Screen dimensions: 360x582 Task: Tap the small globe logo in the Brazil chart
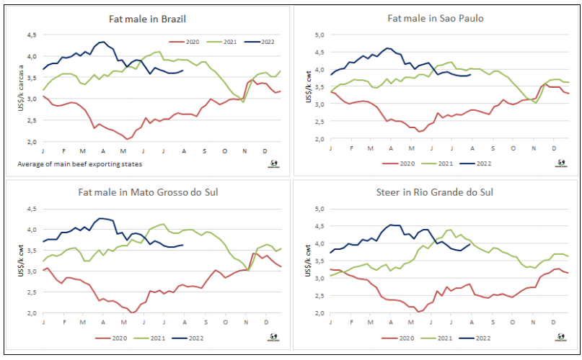(x=273, y=163)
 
